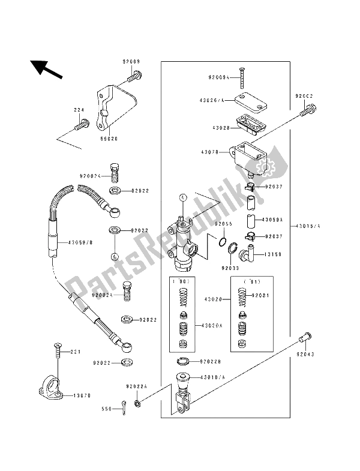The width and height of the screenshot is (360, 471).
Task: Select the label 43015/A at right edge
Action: (x=310, y=226)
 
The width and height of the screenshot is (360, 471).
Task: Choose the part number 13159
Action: (x=273, y=254)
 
